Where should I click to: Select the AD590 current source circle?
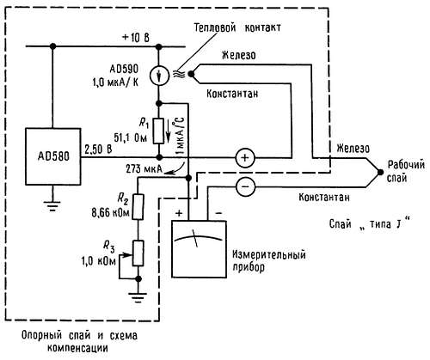(x=159, y=76)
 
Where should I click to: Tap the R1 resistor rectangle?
(x=158, y=131)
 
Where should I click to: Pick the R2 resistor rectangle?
(x=138, y=207)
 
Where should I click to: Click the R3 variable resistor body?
(x=138, y=253)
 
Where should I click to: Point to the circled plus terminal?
(x=245, y=158)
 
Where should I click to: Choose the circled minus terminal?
(x=245, y=186)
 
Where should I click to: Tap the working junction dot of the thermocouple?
(x=380, y=172)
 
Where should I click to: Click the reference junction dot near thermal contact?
(x=191, y=74)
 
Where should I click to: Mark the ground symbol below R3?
(x=138, y=297)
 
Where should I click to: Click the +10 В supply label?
(x=135, y=38)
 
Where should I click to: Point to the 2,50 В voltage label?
(x=98, y=149)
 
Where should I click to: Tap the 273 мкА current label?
(x=144, y=169)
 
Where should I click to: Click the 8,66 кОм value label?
(x=111, y=213)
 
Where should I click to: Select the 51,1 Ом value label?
(x=131, y=137)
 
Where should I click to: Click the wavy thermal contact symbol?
(x=177, y=74)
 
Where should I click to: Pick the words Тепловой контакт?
(x=237, y=27)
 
